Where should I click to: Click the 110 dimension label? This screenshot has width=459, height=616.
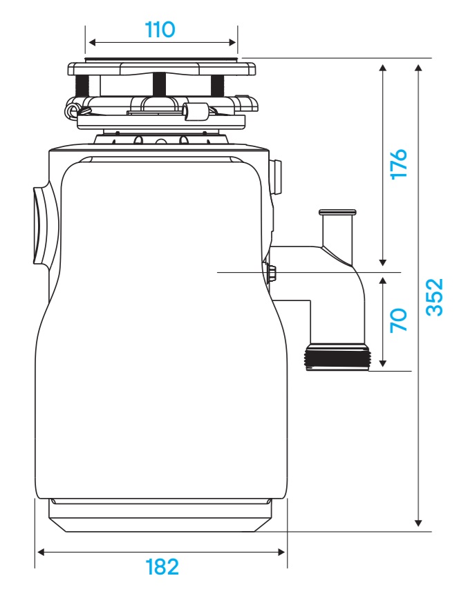click(160, 30)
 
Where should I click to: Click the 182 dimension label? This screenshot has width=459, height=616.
click(162, 567)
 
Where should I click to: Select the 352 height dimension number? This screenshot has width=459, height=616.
click(433, 297)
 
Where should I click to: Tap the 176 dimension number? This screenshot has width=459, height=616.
click(399, 164)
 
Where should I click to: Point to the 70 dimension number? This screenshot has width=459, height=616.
click(399, 320)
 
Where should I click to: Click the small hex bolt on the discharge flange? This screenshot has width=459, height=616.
click(271, 272)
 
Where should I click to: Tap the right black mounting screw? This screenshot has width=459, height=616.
click(217, 85)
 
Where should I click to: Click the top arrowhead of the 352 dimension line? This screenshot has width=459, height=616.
click(418, 66)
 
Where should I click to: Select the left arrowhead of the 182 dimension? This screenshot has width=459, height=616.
click(40, 552)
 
